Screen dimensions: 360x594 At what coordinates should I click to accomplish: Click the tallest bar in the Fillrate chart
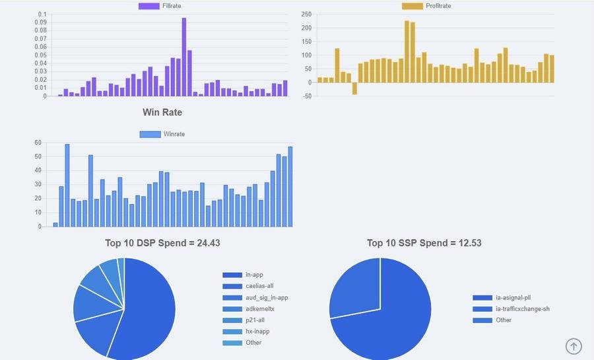pyautogui.click(x=184, y=57)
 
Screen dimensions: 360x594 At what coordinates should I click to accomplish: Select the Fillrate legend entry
pyautogui.click(x=161, y=6)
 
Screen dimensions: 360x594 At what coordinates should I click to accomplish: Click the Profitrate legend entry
pyautogui.click(x=426, y=6)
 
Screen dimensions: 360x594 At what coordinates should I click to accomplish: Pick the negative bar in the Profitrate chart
pyautogui.click(x=354, y=89)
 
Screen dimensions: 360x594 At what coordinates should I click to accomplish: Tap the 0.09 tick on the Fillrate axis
pyautogui.click(x=41, y=22)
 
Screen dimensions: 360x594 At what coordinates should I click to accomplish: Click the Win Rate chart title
pyautogui.click(x=162, y=112)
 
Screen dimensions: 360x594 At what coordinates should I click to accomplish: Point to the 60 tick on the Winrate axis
pyautogui.click(x=38, y=143)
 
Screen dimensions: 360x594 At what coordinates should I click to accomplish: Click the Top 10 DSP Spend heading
pyautogui.click(x=162, y=243)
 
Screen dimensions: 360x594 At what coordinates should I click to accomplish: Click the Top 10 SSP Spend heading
pyautogui.click(x=424, y=243)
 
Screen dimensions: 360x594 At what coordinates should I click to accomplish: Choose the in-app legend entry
pyautogui.click(x=254, y=275)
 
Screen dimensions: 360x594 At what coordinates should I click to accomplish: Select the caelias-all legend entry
pyautogui.click(x=259, y=286)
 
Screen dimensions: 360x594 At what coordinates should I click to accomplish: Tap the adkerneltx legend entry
pyautogui.click(x=259, y=308)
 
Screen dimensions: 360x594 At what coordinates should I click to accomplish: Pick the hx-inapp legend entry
pyautogui.click(x=257, y=331)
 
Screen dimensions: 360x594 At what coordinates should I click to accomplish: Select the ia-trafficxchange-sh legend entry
pyautogui.click(x=522, y=309)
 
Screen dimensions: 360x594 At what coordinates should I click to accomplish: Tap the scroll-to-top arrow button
pyautogui.click(x=574, y=345)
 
